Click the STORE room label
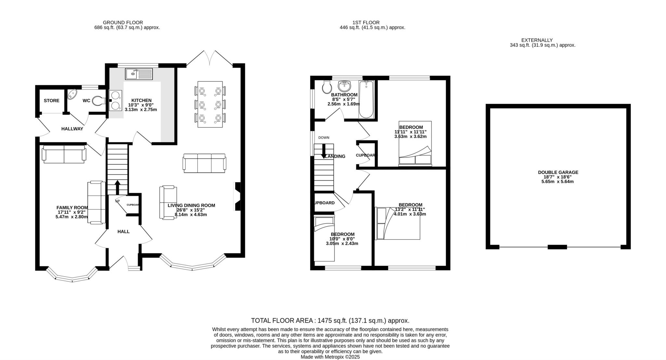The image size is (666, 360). [x=51, y=100]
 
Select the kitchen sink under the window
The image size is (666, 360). [x=139, y=74]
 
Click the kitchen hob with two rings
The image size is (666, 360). [x=115, y=100]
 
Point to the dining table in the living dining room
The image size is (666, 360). [x=210, y=104]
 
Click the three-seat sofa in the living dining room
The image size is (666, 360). [x=205, y=163]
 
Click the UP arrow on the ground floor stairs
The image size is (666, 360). [x=117, y=187]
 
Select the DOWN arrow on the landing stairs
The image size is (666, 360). [x=324, y=152]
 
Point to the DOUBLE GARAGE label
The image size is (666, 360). [x=558, y=172]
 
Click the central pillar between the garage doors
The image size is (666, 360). [x=557, y=247]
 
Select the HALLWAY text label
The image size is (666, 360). [x=72, y=129]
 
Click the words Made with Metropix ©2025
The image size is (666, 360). [x=330, y=357]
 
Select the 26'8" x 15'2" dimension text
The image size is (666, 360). [x=191, y=210]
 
